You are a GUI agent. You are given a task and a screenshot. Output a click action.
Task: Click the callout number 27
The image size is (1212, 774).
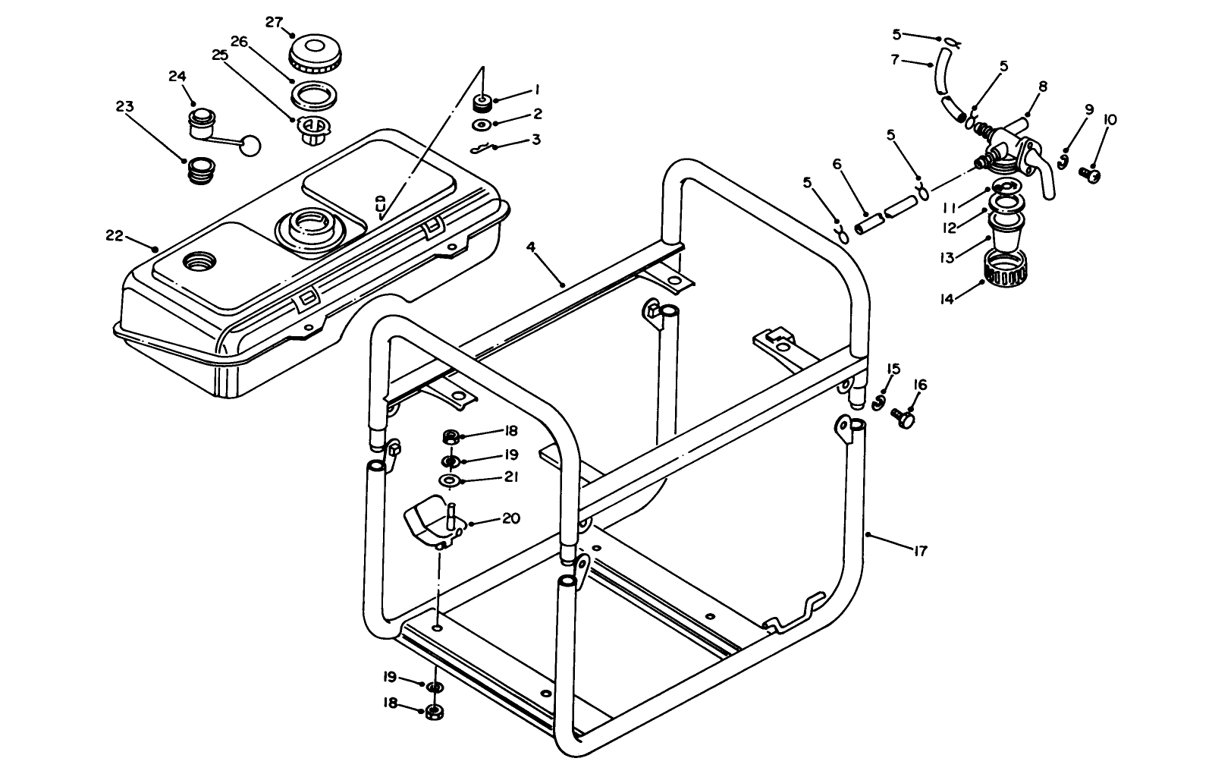tap(274, 22)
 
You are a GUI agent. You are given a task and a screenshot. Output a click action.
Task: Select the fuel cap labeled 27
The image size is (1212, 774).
tap(315, 52)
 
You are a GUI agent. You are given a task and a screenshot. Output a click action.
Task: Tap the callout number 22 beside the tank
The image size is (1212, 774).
tap(115, 235)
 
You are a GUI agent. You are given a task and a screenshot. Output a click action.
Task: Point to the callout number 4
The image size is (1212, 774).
tap(532, 247)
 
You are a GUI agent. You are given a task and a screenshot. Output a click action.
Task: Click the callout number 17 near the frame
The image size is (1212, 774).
tap(919, 552)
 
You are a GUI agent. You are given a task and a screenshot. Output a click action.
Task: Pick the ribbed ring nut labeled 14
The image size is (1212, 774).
tap(1006, 269)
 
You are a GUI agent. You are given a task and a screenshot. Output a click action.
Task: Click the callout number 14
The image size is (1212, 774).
tap(946, 299)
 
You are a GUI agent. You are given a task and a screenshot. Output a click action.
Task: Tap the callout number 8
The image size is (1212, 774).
tap(1042, 87)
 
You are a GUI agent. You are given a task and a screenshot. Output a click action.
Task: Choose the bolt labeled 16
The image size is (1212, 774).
tap(902, 416)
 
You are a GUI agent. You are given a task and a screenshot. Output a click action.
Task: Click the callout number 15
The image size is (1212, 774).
tap(893, 370)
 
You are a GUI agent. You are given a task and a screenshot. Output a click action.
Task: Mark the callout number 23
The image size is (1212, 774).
tap(125, 106)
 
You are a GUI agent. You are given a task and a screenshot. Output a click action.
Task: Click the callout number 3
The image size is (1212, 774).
tap(535, 140)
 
